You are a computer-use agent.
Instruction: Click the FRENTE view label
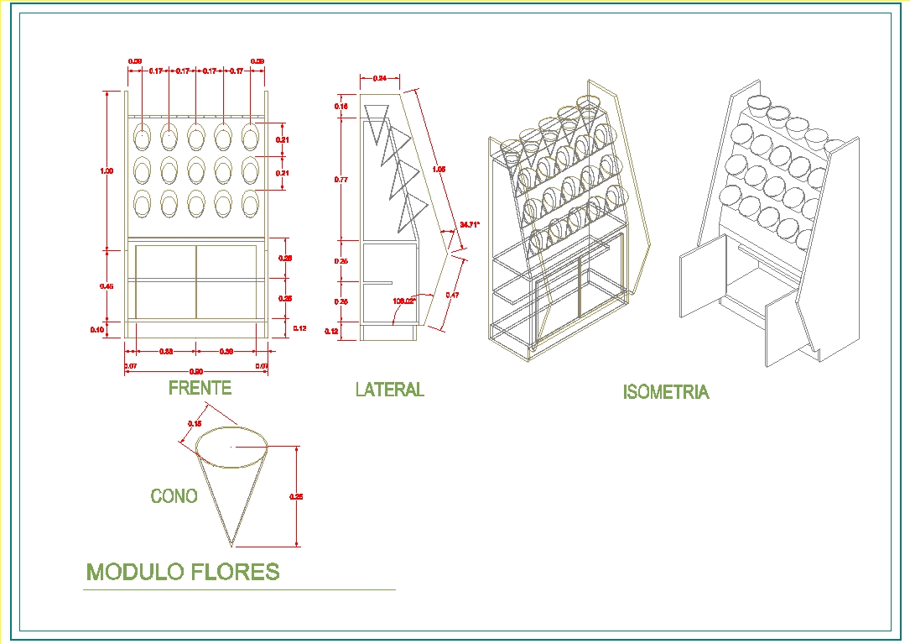coord(200,388)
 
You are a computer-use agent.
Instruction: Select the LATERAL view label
coord(389,390)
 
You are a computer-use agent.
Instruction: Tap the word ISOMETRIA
coord(665,392)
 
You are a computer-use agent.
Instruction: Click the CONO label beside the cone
coord(174,496)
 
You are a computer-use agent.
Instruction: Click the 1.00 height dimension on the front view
coord(107,171)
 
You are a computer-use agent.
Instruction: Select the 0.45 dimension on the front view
coord(107,286)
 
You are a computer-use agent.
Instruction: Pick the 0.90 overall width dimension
coord(196,371)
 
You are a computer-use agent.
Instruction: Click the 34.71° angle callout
coord(470,224)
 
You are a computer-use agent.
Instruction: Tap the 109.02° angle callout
coord(404,300)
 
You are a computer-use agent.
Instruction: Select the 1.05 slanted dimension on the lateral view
coord(438,170)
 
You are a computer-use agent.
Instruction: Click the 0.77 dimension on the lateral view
coord(341,179)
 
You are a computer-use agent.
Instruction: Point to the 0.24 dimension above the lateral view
coord(379,78)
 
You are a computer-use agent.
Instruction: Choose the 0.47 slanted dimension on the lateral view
coord(453,295)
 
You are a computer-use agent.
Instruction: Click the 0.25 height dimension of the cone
coord(295,496)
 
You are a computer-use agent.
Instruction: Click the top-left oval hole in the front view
coord(143,135)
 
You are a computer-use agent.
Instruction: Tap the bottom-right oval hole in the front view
coord(250,202)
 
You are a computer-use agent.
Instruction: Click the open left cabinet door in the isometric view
coord(702,275)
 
